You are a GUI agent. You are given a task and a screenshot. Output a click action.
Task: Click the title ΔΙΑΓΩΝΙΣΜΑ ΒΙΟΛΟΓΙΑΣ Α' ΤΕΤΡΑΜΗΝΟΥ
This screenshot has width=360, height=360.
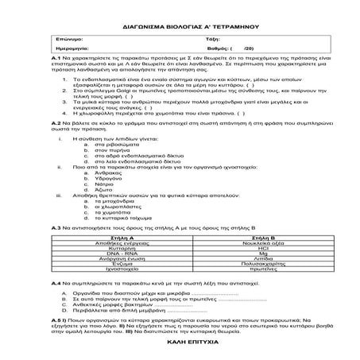pyautogui.click(x=180, y=25)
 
